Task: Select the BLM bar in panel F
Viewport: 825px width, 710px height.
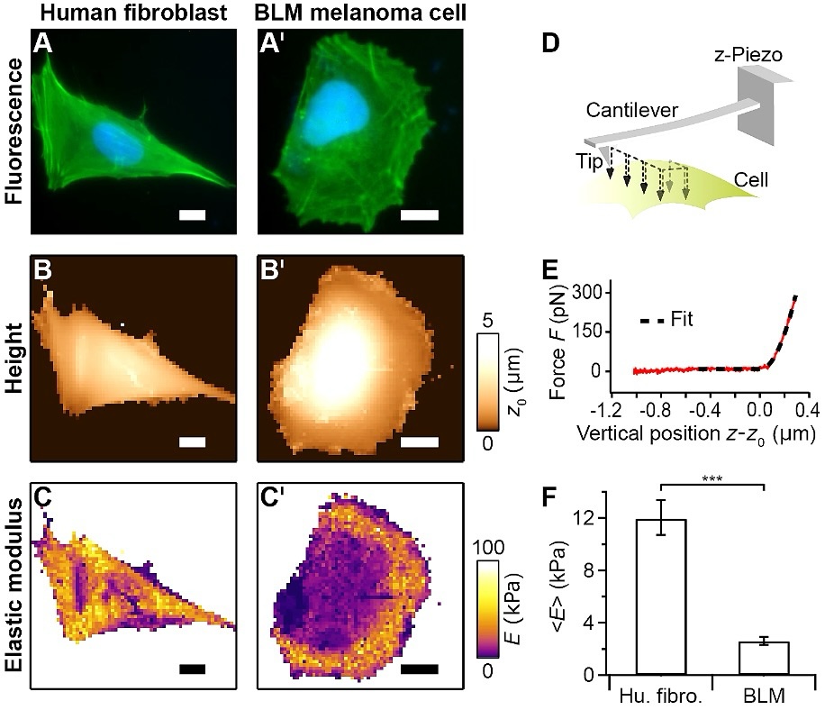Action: click(764, 658)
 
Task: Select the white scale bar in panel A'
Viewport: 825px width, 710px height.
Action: click(419, 214)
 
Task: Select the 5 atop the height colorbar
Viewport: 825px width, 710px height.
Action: click(488, 322)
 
